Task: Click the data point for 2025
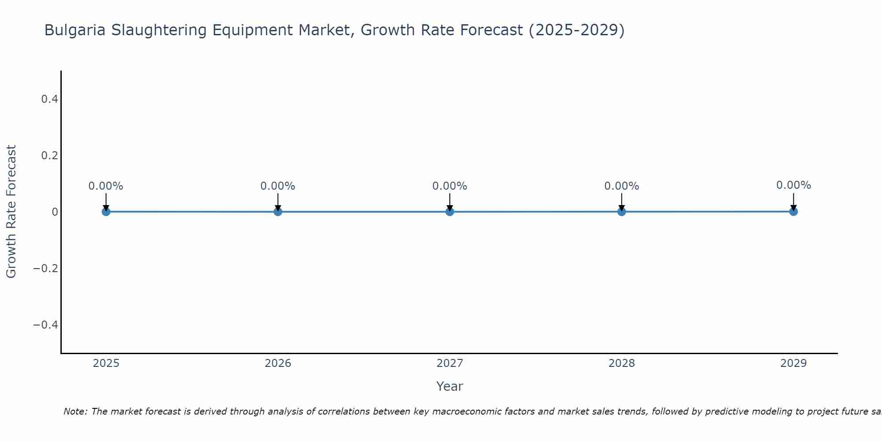(106, 212)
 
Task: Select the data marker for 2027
(449, 212)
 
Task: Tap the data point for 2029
(793, 212)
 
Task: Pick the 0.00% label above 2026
(277, 186)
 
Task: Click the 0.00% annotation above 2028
(621, 186)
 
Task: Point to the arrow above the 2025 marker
(106, 201)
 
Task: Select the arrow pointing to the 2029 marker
(793, 201)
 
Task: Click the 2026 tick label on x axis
(278, 363)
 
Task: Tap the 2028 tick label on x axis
(621, 363)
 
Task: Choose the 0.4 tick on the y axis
(49, 99)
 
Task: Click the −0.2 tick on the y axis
(46, 269)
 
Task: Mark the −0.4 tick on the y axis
(46, 325)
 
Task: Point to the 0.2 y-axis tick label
(49, 156)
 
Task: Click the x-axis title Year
(449, 387)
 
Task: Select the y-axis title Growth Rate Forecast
(11, 212)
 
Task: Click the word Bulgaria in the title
(75, 30)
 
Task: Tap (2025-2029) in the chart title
(576, 30)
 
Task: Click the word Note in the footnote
(75, 412)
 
